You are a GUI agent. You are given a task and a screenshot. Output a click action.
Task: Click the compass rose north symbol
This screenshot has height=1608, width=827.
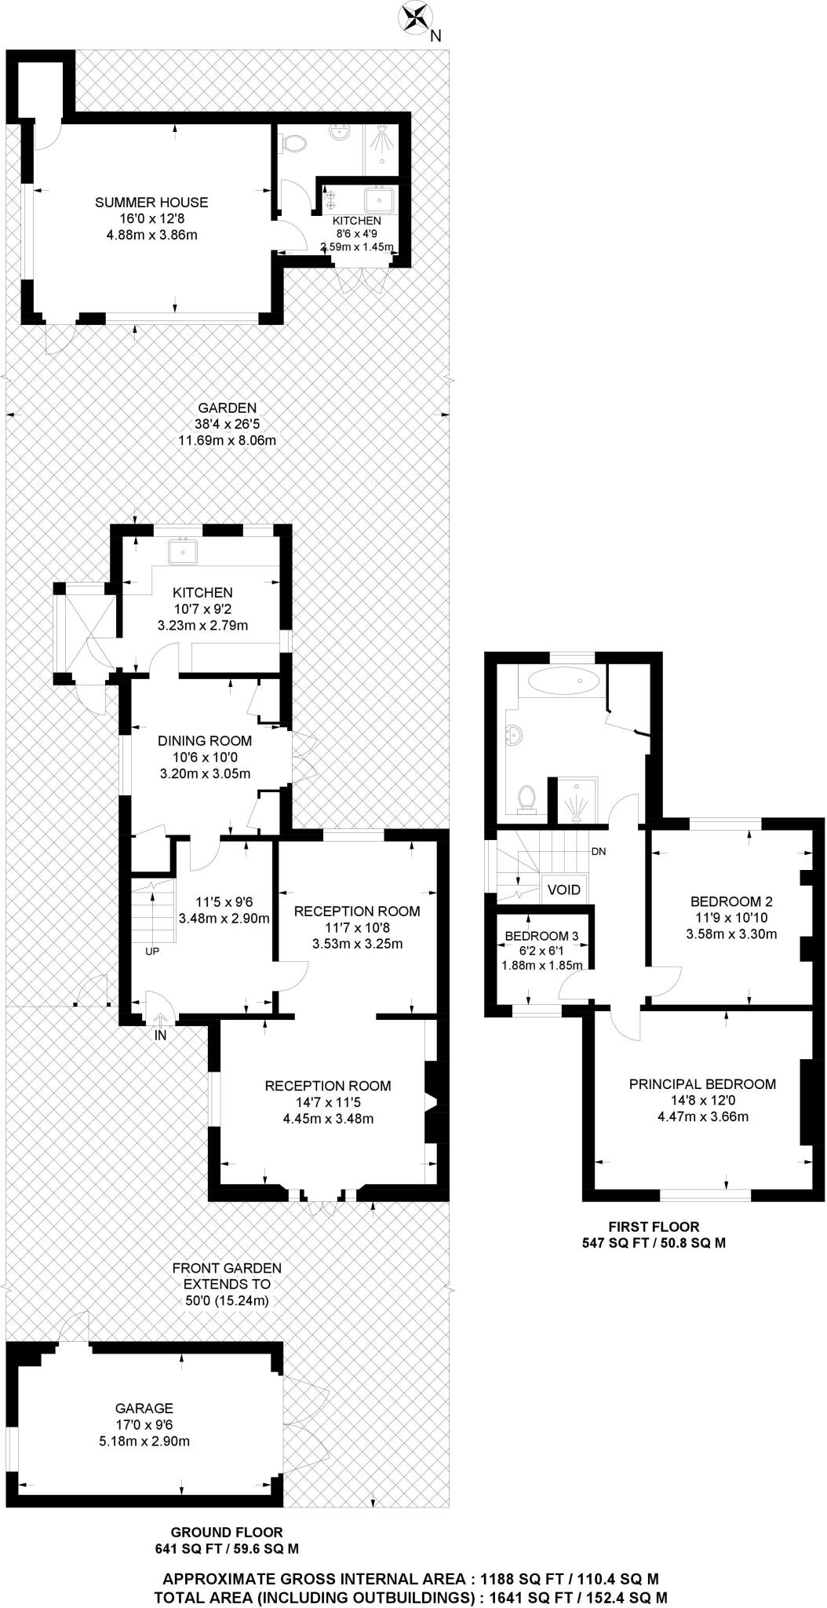(416, 17)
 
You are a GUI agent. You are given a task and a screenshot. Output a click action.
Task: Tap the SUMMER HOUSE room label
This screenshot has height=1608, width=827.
(151, 203)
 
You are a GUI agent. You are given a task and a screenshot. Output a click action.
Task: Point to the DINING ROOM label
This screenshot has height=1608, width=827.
(205, 740)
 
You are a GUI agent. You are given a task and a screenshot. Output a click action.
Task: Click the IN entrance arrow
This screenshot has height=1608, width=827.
(160, 1020)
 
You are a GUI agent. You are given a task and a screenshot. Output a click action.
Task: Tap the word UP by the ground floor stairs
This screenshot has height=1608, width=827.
(152, 951)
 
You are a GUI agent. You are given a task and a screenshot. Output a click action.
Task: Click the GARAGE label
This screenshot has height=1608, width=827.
(144, 1409)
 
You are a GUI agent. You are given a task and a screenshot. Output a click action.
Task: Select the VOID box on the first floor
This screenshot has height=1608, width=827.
(563, 890)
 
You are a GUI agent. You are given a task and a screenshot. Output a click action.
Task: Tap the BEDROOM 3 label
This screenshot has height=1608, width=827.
(541, 936)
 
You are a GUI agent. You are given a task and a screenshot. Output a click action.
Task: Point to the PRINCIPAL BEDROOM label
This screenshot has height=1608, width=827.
(702, 1084)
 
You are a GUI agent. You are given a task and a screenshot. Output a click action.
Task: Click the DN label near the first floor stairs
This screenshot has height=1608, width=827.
(598, 851)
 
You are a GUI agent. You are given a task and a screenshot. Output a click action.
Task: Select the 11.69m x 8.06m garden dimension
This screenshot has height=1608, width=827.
(228, 440)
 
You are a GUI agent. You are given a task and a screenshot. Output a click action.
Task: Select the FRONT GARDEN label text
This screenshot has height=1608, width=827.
(227, 1267)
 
